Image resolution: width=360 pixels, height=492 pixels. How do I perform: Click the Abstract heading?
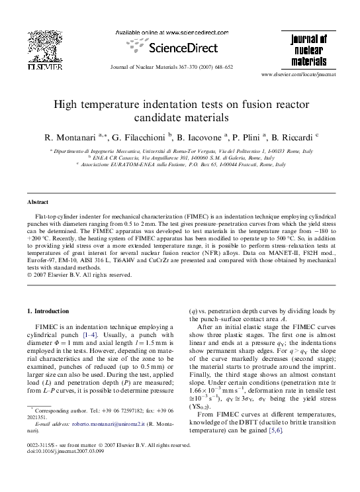pos(37,201)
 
